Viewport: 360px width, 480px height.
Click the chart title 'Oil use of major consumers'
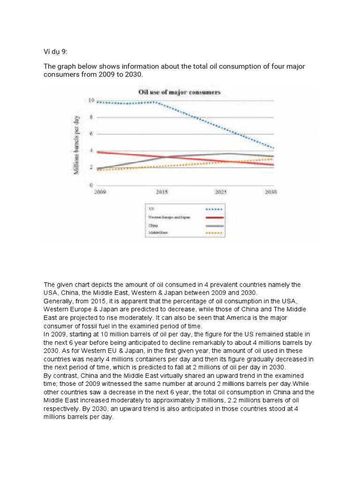click(179, 92)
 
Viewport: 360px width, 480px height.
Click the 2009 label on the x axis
click(99, 192)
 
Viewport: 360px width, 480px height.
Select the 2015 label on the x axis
click(161, 192)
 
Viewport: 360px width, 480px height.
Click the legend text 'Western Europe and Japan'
click(169, 217)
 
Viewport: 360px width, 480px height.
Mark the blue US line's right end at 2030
click(273, 148)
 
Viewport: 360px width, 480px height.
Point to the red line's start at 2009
click(97, 152)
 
